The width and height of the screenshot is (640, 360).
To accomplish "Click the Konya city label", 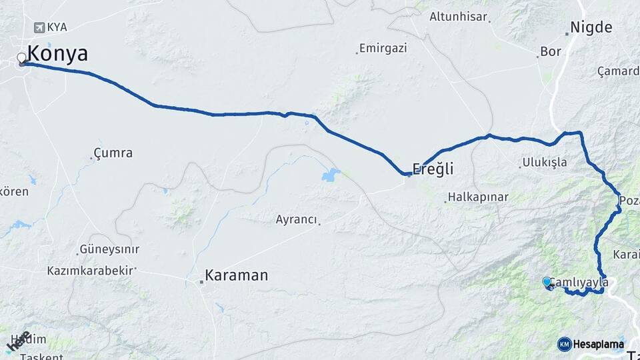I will click(57, 54).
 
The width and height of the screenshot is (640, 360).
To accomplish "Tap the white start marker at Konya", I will click(21, 58).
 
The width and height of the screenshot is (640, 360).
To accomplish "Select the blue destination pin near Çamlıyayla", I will click(547, 282).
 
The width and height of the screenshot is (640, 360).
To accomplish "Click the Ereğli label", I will click(433, 169).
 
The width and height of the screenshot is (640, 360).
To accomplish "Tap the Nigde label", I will click(590, 28).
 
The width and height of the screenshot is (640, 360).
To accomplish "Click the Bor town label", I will click(551, 51).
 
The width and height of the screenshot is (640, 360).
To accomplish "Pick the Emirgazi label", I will click(383, 49).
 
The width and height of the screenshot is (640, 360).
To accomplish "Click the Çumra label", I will click(113, 153).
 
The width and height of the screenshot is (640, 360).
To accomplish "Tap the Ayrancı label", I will click(296, 219).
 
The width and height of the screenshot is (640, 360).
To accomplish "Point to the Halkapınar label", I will click(478, 197).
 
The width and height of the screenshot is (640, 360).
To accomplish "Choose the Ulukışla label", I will click(544, 162).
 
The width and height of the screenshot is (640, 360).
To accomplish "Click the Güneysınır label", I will click(109, 249).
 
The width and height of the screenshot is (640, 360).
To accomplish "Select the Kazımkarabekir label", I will click(90, 271).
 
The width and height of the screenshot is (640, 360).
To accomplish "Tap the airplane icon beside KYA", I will click(38, 27).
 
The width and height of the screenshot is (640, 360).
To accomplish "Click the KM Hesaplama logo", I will click(591, 344).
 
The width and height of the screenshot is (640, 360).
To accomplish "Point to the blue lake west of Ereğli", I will click(331, 175).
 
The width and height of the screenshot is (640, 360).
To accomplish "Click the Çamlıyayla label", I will click(581, 283).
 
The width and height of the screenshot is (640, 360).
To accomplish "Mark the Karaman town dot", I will click(201, 282).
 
